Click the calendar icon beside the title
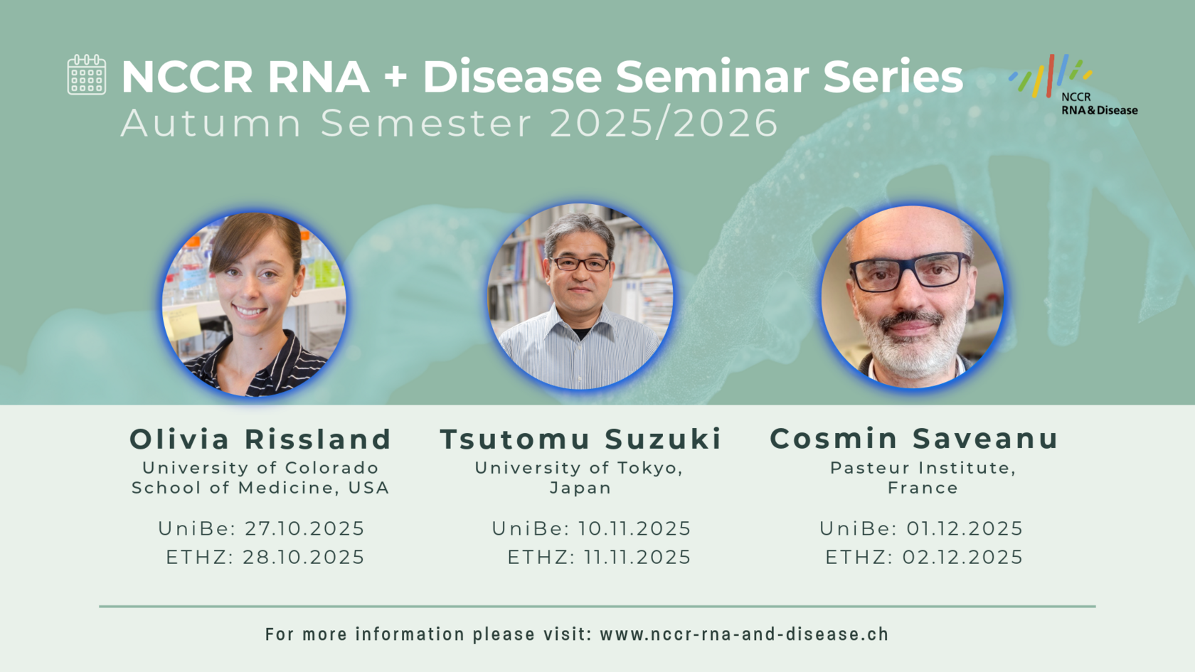(87, 75)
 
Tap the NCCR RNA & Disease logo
(1073, 85)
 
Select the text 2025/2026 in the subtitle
(664, 123)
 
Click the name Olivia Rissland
(261, 439)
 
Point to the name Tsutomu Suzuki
(581, 439)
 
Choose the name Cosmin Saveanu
(914, 439)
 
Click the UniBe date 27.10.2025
(304, 528)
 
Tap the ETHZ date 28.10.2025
(304, 558)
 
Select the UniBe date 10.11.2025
(634, 528)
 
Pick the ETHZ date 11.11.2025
(637, 558)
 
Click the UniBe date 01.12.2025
(965, 528)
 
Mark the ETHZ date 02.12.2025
(963, 558)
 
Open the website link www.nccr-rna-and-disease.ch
(745, 634)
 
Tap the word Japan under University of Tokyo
(580, 488)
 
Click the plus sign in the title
(395, 77)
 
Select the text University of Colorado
(260, 468)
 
